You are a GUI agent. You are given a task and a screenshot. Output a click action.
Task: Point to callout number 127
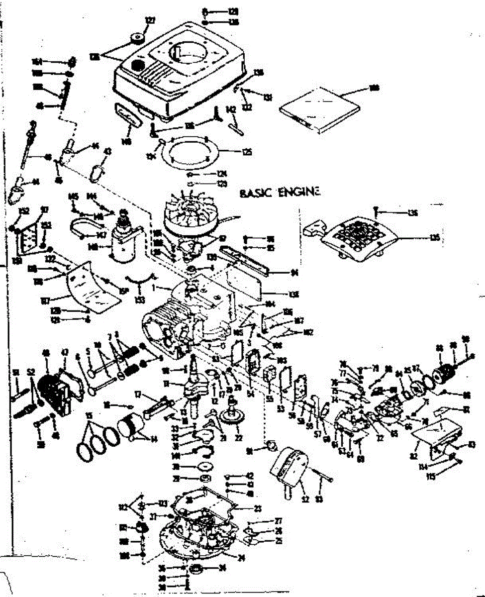click(150, 20)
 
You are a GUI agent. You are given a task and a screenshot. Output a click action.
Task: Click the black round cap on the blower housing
click(137, 65)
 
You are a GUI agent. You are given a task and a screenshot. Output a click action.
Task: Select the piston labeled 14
click(130, 426)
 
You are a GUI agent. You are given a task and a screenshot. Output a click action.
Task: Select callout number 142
click(231, 110)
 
